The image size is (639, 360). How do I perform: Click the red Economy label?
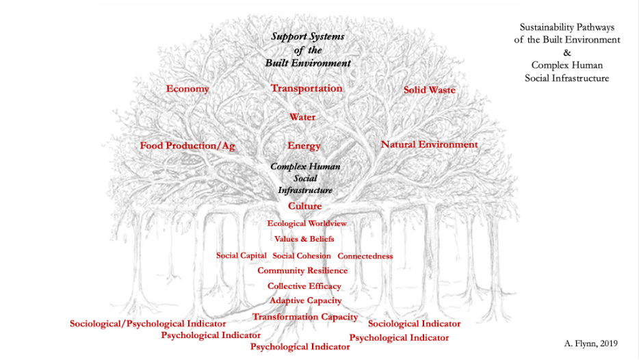[187, 89]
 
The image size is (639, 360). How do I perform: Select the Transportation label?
[307, 88]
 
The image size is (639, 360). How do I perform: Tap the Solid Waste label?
[429, 90]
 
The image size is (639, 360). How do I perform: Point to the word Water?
[302, 117]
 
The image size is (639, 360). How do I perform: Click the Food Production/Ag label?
[187, 146]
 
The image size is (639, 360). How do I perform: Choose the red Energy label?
[304, 146]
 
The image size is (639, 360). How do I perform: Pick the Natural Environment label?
[429, 144]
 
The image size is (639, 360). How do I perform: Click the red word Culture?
[304, 206]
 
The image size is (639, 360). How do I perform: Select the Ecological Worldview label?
[307, 223]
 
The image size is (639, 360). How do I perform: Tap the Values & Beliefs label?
[304, 239]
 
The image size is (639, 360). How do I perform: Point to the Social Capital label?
[242, 255]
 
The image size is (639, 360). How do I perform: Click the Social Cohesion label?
[302, 256]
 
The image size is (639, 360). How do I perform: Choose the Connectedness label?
[365, 256]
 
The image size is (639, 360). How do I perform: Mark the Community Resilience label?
[302, 270]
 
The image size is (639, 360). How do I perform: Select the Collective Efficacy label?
[304, 286]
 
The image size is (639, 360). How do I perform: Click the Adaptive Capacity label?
[305, 300]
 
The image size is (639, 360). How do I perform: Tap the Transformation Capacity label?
[305, 317]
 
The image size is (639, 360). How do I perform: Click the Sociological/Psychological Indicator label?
[148, 323]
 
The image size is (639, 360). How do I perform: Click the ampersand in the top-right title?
[566, 52]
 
